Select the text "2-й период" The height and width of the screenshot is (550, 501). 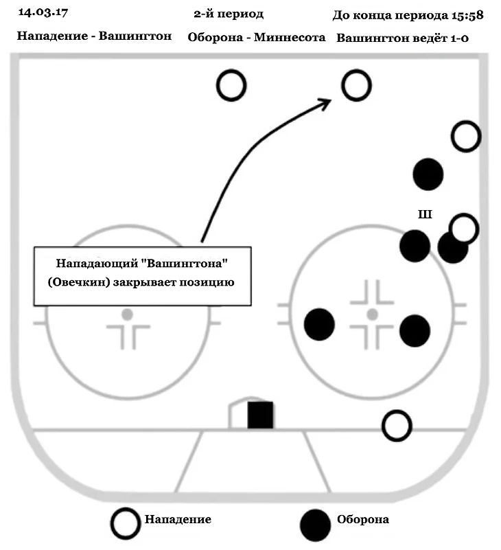click(229, 14)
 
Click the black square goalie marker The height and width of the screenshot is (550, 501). click(261, 415)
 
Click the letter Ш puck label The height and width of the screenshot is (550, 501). click(425, 215)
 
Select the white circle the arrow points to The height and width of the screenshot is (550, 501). click(356, 87)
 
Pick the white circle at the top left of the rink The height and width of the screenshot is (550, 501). click(231, 86)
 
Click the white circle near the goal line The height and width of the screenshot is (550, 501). click(397, 426)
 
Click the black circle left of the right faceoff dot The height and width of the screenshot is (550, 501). click(319, 323)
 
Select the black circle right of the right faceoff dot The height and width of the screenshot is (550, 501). click(415, 330)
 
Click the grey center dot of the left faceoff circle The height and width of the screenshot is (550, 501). click(127, 314)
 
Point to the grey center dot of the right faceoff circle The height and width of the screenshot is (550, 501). click(372, 314)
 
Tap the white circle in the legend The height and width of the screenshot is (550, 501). click(127, 523)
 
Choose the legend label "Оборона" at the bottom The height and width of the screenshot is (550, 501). click(362, 520)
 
